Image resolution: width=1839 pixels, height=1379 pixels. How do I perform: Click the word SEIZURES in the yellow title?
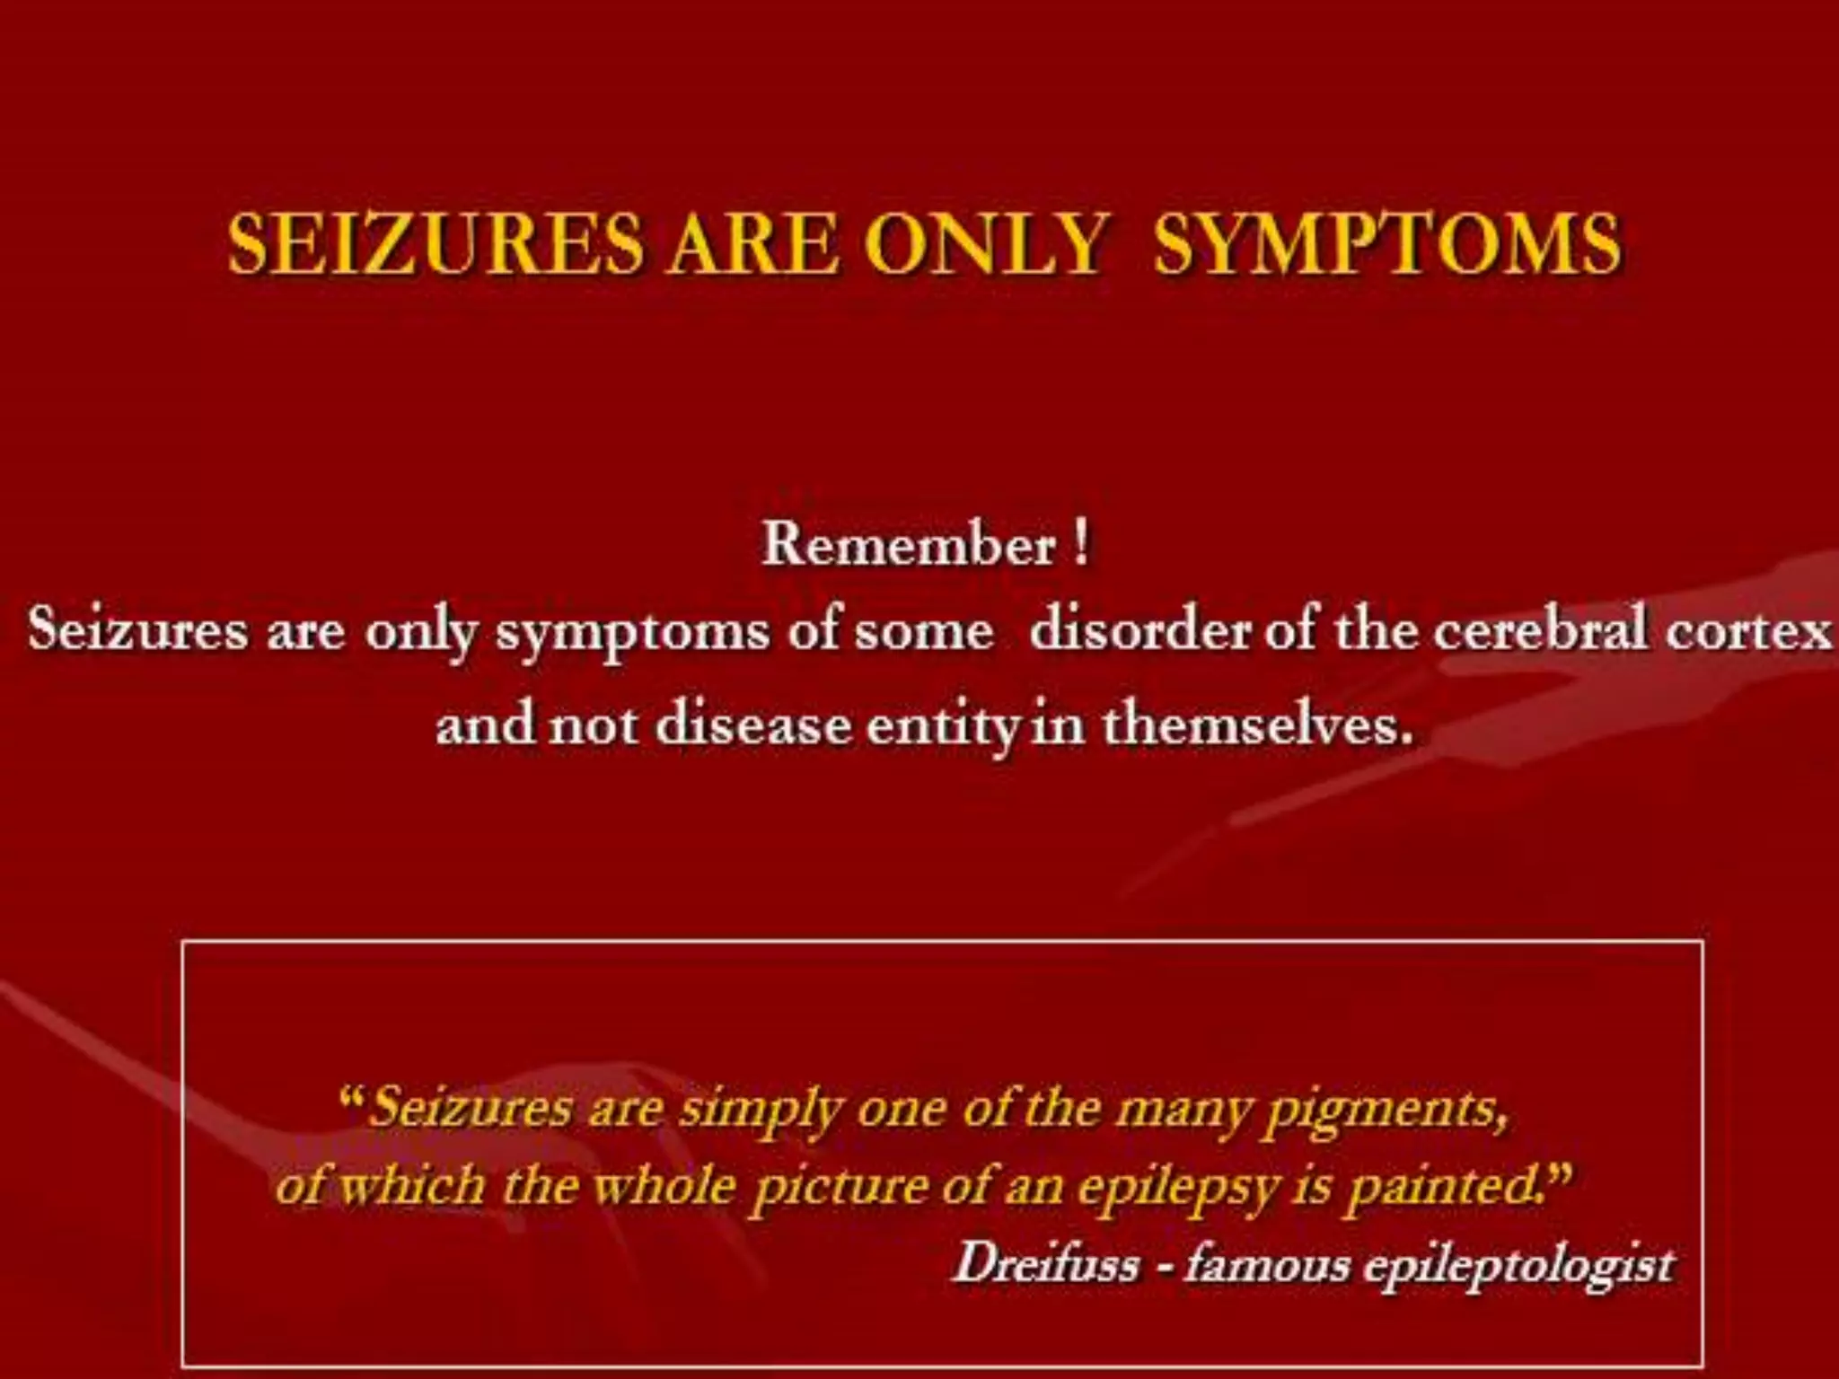tap(436, 244)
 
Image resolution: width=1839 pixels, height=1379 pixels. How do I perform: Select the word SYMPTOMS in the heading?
tap(1387, 244)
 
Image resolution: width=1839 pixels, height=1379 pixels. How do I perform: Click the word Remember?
tap(909, 544)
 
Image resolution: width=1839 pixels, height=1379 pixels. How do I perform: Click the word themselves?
tap(1257, 725)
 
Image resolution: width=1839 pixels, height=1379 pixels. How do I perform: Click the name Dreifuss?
tap(1046, 1264)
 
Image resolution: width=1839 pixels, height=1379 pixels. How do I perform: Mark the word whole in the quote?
tap(664, 1187)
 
